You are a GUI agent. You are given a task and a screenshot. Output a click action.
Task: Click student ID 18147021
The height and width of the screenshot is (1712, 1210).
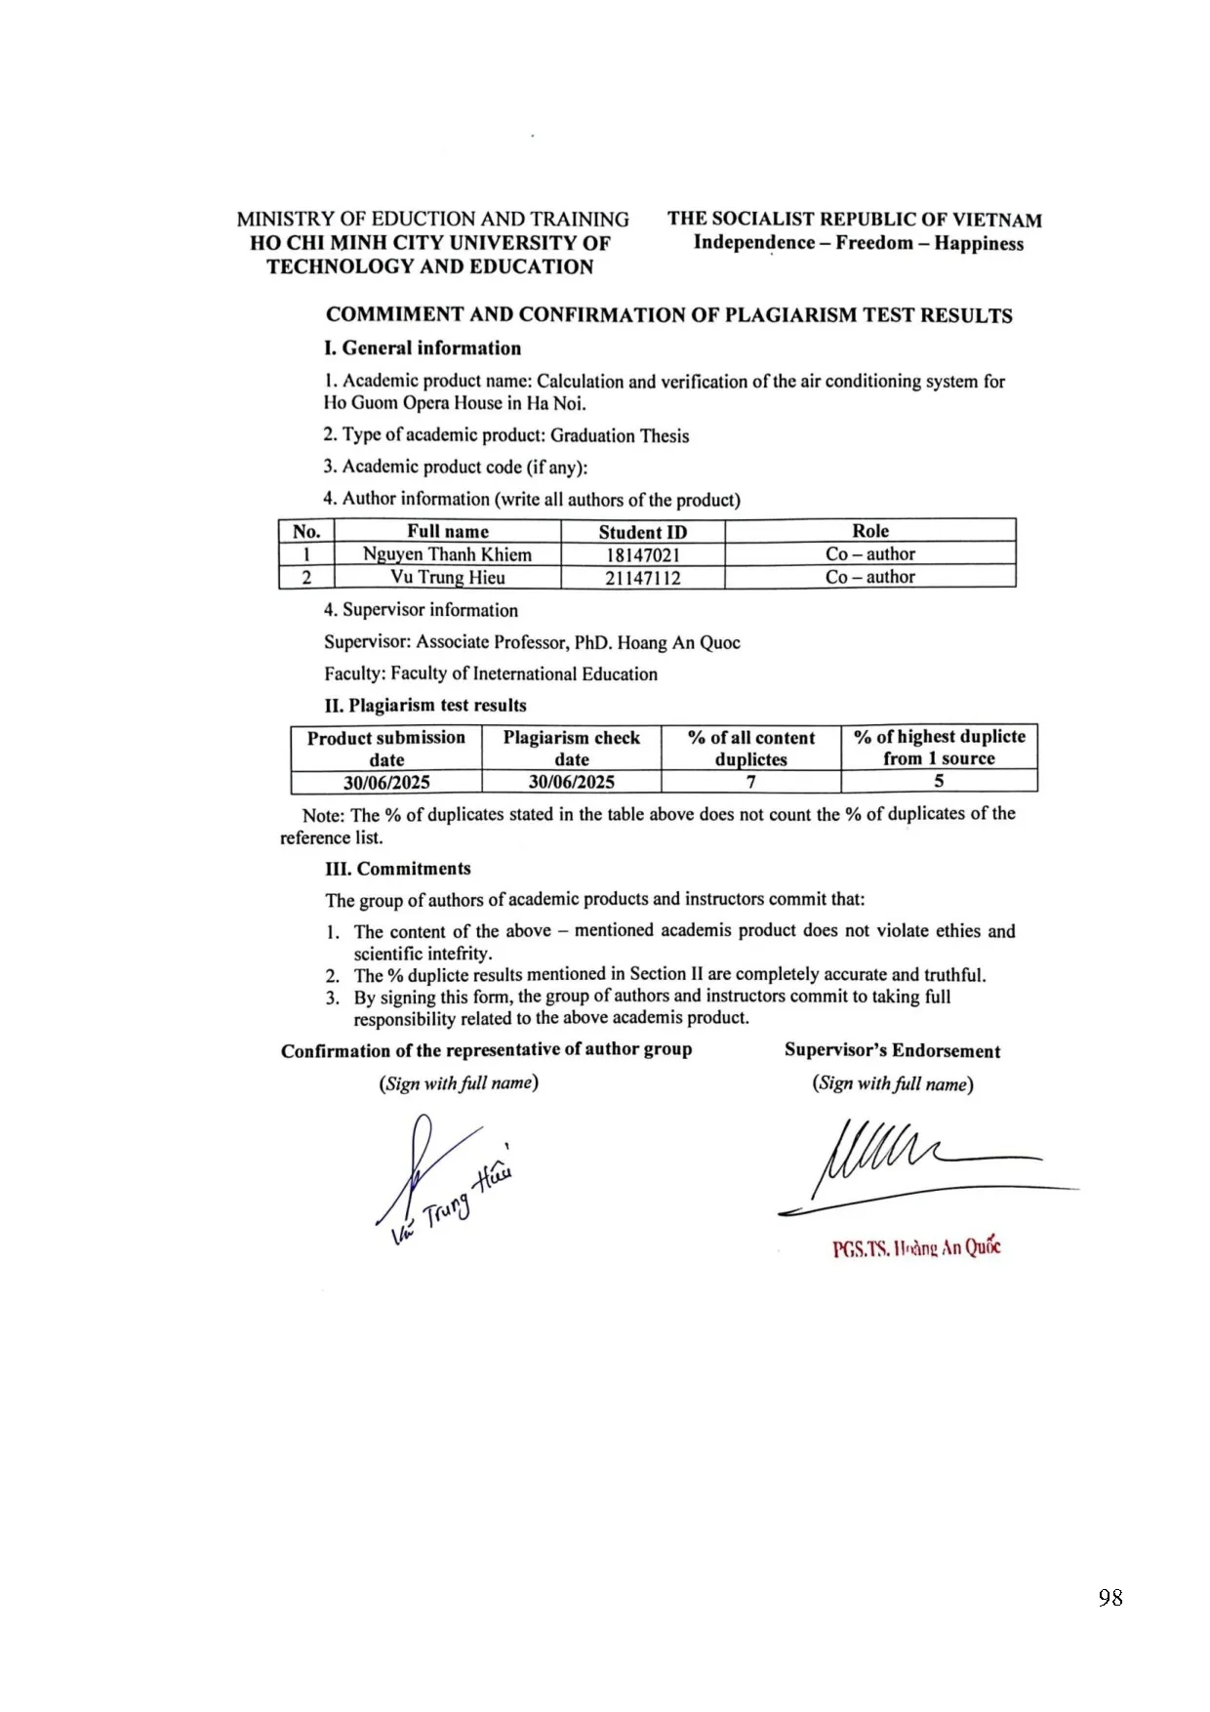point(642,554)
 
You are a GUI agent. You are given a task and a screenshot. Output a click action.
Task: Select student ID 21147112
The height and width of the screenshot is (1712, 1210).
point(642,578)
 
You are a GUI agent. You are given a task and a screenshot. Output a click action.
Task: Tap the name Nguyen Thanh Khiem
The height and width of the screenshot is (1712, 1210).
point(447,554)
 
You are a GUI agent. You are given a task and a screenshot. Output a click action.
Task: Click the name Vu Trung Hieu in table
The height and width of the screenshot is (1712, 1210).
point(447,577)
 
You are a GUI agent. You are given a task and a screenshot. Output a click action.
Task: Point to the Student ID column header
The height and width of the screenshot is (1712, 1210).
point(642,532)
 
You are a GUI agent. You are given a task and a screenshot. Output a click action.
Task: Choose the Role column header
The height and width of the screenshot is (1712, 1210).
point(869,531)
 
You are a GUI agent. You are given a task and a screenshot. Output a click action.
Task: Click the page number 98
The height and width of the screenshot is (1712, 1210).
point(1109,1598)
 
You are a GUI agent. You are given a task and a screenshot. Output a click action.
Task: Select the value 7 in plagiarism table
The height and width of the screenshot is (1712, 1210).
point(750,782)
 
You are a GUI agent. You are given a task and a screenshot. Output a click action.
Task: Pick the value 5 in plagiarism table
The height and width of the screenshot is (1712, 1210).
point(939,781)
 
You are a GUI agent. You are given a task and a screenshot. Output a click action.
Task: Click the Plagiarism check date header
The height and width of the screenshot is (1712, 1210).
point(571,748)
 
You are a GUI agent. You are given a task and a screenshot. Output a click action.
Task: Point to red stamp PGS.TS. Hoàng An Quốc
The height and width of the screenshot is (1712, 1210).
point(916,1248)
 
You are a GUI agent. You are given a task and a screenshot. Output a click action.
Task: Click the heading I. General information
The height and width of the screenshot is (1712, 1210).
point(423,348)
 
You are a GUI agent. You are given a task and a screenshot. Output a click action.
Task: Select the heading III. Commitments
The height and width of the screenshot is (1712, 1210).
point(398,869)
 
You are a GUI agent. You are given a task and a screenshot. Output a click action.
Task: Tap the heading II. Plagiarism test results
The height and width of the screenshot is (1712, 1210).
point(425,705)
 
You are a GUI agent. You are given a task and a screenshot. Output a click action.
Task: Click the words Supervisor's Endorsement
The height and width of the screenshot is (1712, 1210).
point(892,1051)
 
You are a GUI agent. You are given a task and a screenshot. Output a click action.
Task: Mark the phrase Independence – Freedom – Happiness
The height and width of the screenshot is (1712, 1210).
point(858,243)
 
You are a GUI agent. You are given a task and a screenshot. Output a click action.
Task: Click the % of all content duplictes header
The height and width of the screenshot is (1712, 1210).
point(750,748)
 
